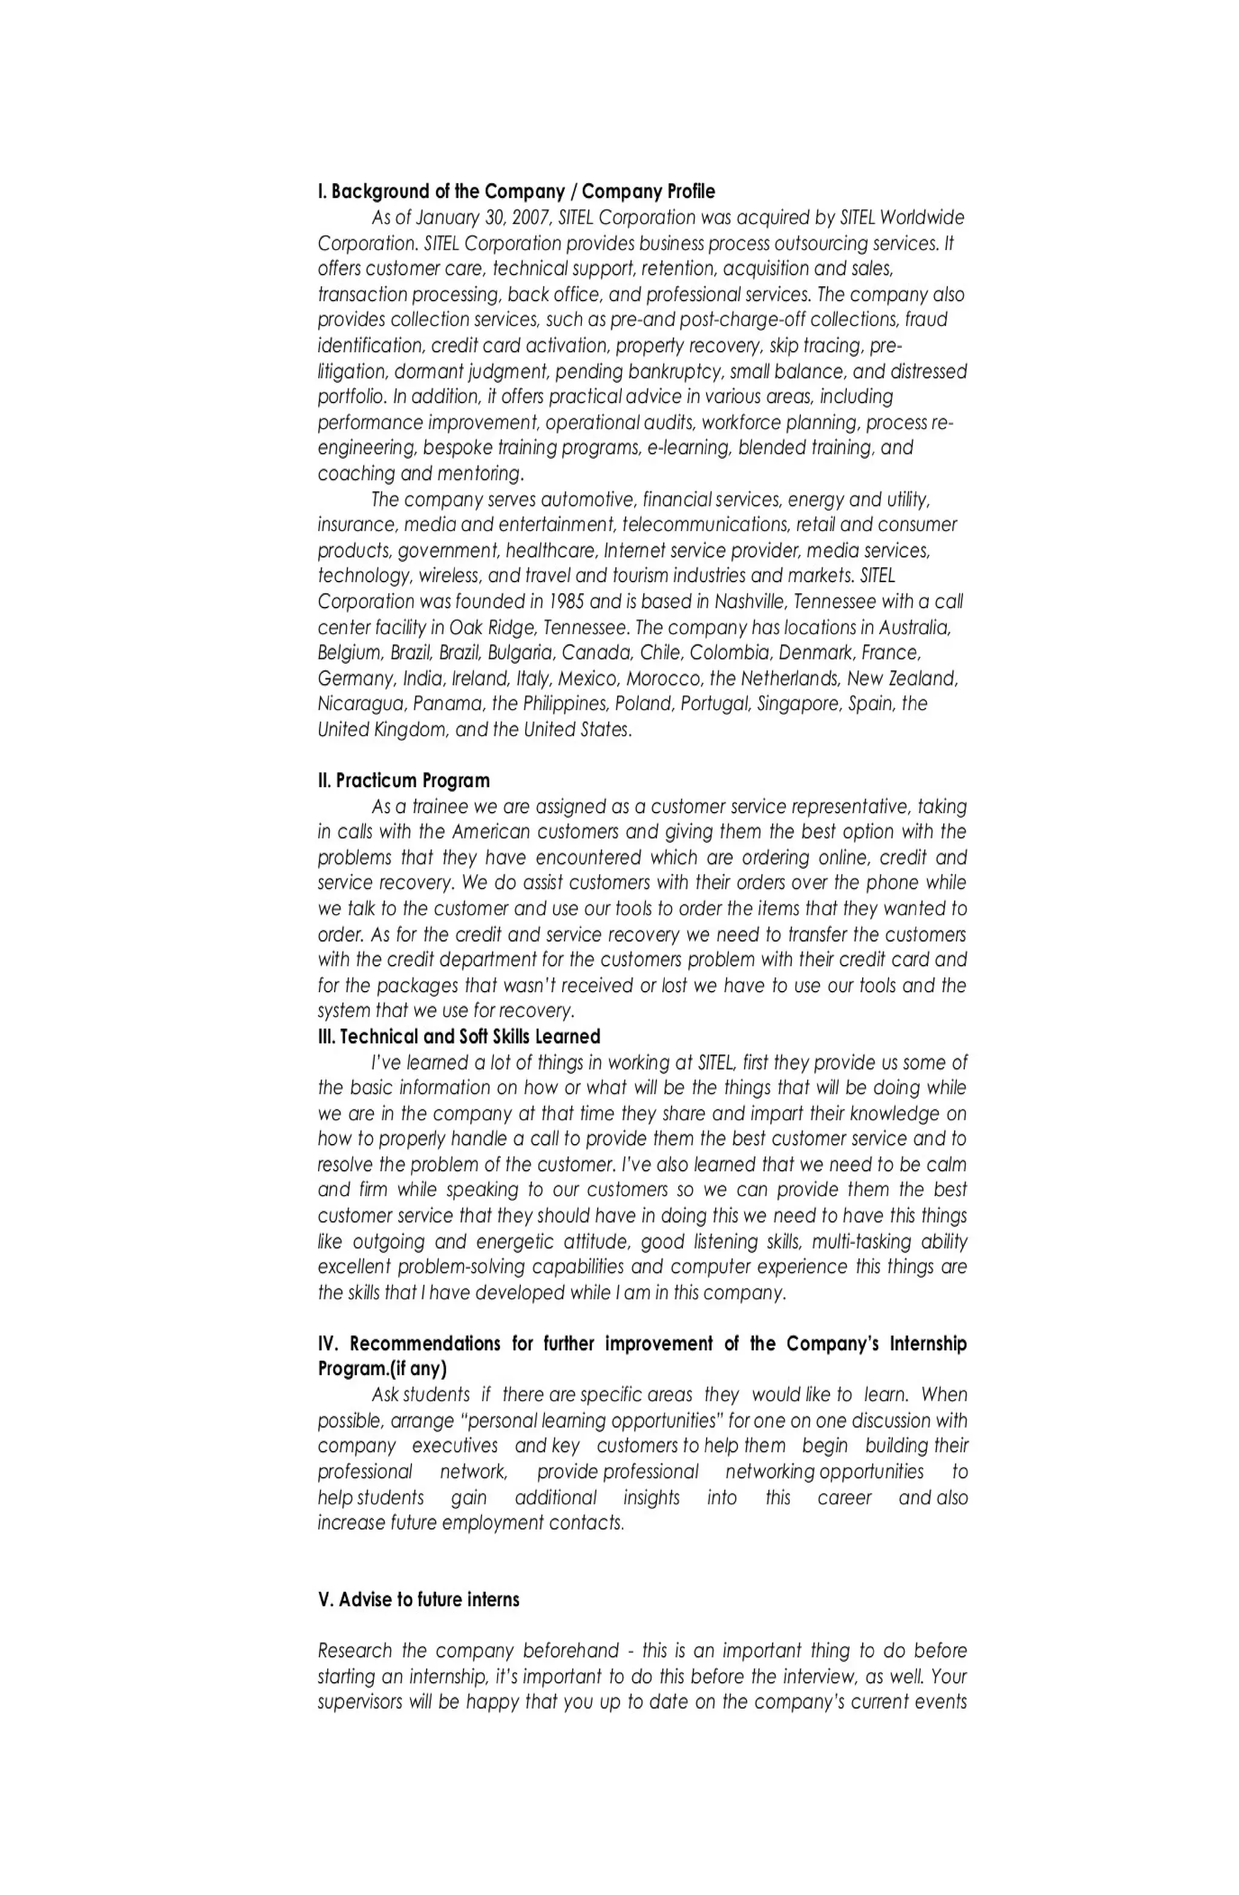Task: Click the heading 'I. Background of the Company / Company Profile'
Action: coord(516,191)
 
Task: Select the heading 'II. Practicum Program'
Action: coord(404,781)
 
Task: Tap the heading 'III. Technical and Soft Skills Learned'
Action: coord(459,1036)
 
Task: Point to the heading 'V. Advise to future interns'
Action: coord(419,1600)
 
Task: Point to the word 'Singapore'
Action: coord(799,704)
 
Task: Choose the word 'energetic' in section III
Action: coord(514,1242)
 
